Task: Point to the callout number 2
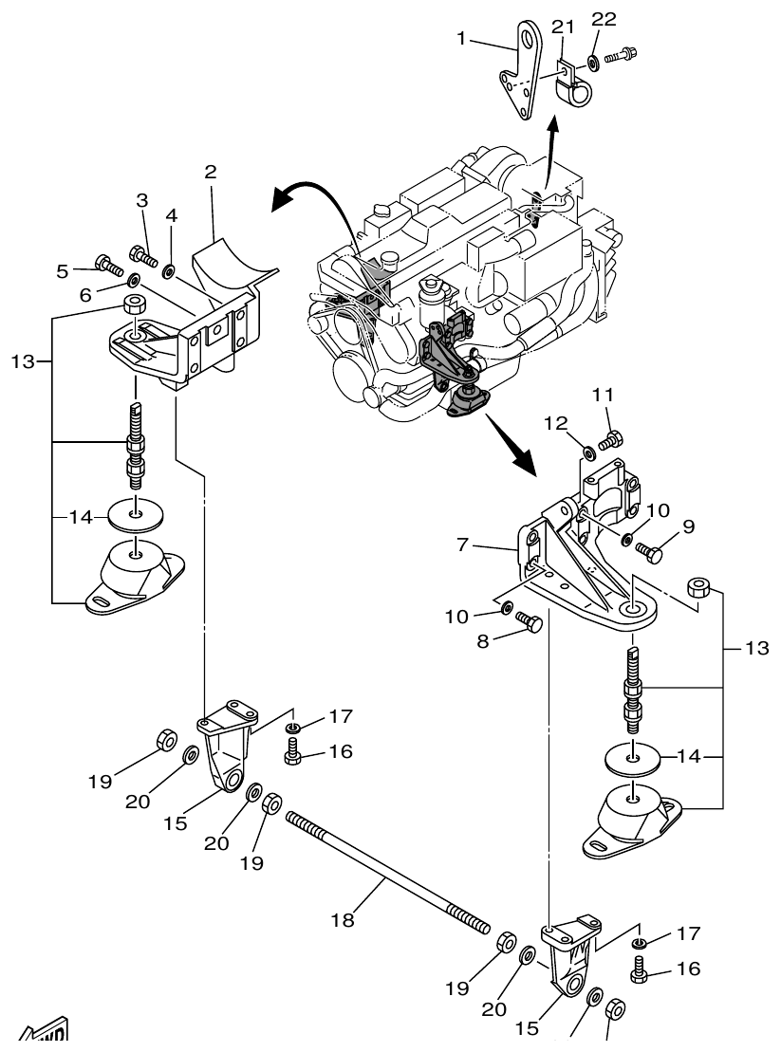point(211,172)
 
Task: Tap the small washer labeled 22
point(593,62)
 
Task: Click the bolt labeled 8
point(529,623)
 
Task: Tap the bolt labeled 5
point(107,264)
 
